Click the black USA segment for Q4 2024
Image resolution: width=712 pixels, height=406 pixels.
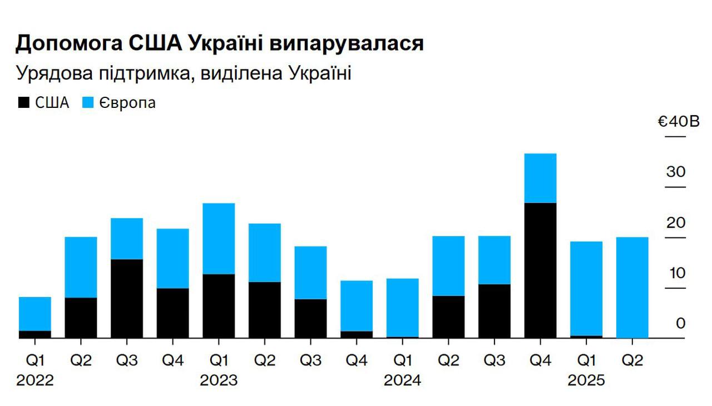[x=540, y=270]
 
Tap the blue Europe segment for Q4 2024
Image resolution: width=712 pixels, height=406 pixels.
[x=540, y=178]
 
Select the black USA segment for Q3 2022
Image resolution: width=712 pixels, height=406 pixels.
[x=127, y=299]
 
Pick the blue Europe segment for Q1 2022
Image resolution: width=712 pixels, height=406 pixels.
[x=35, y=314]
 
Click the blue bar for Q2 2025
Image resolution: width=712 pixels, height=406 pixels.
[x=632, y=288]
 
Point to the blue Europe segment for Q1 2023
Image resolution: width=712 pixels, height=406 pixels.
[x=219, y=239]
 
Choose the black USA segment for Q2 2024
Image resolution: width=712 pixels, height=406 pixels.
[x=448, y=317]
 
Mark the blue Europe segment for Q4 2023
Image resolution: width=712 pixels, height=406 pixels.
[x=357, y=306]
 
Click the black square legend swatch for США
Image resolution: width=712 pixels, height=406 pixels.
[x=24, y=102]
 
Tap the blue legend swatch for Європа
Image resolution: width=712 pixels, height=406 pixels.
[x=88, y=102]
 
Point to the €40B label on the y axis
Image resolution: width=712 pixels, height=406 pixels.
[x=678, y=122]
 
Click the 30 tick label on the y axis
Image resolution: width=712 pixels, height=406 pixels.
[x=676, y=172]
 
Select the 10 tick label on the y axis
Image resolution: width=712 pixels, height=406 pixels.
[x=677, y=273]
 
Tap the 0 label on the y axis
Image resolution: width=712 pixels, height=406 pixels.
[x=680, y=323]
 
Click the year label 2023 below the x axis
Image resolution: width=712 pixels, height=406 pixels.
[x=219, y=380]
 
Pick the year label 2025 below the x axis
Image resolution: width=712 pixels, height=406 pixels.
[x=586, y=380]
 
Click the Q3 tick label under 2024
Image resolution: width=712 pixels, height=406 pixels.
[x=495, y=360]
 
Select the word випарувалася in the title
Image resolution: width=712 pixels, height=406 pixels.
[x=347, y=43]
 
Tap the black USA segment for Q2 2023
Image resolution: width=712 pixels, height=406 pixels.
[x=265, y=310]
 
